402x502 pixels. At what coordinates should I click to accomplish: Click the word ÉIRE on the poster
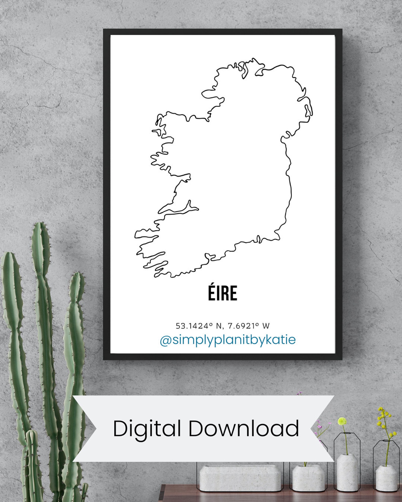pyautogui.click(x=223, y=293)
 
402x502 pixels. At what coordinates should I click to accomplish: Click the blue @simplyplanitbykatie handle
pyautogui.click(x=228, y=340)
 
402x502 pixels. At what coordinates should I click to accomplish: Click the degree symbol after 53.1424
pyautogui.click(x=210, y=324)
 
